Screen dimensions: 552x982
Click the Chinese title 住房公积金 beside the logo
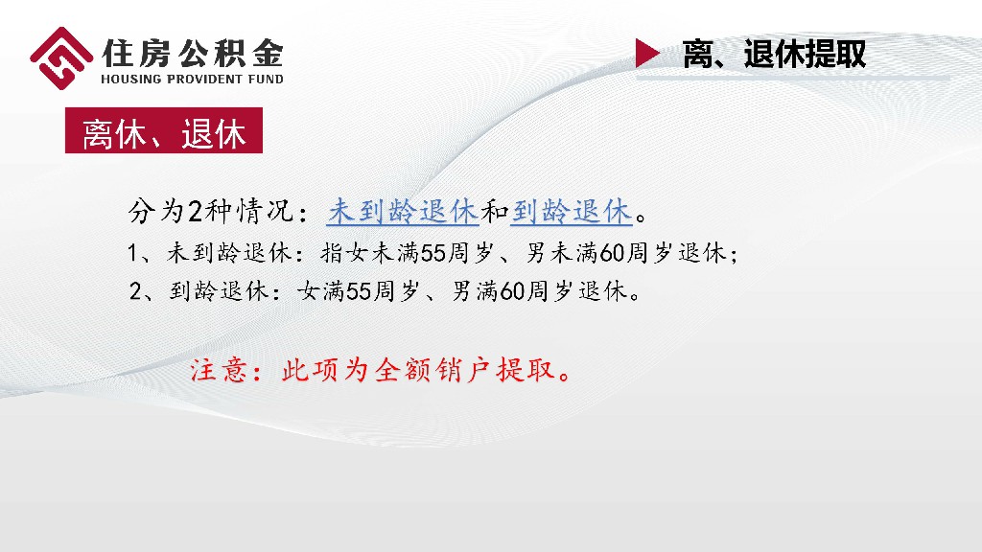pos(193,49)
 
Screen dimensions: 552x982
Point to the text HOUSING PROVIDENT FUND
pos(193,79)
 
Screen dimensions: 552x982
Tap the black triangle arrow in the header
pos(648,54)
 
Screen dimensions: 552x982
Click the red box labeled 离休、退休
pos(164,132)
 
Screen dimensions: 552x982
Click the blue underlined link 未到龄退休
pos(403,211)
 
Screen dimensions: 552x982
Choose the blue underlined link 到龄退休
pos(572,211)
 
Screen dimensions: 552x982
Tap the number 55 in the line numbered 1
pos(433,254)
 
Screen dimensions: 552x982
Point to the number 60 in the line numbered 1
pos(612,254)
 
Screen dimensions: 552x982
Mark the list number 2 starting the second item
pos(135,290)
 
